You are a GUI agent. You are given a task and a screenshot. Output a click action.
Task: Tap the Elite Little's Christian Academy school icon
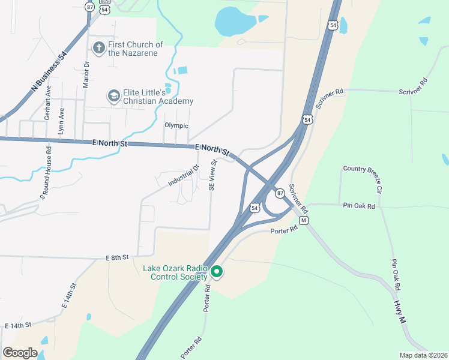(x=113, y=96)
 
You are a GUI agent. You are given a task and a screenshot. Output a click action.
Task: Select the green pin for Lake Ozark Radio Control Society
(x=217, y=272)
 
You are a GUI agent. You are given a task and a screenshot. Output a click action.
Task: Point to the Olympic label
(x=176, y=125)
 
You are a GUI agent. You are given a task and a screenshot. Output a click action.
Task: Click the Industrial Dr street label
(x=183, y=174)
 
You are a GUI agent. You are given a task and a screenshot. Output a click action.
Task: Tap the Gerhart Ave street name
(x=48, y=103)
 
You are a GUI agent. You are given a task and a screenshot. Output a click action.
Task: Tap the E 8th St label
(x=118, y=257)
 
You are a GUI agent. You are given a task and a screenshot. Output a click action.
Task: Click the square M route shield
(x=304, y=221)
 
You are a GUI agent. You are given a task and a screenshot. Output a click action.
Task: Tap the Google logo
(x=20, y=352)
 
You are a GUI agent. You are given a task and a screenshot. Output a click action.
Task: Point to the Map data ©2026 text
(x=423, y=355)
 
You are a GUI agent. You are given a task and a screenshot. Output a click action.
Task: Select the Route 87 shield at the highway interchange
(x=280, y=193)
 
